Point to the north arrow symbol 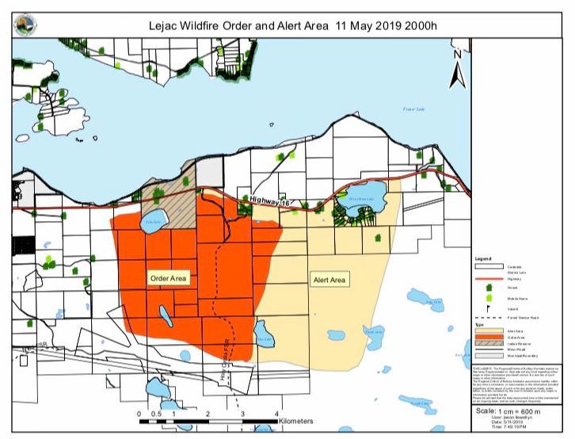(457, 71)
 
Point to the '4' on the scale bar (276, 414)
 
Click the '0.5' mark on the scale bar (156, 414)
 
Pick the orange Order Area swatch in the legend (484, 336)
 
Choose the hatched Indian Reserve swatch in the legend (484, 343)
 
